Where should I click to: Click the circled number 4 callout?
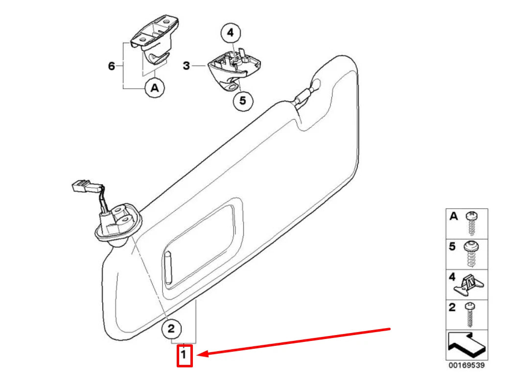coord(231,34)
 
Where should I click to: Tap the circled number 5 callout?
coord(243,101)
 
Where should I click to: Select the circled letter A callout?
coord(155,88)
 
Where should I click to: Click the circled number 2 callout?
coord(171,329)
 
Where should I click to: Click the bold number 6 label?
coord(112,66)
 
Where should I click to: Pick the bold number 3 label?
coord(186,65)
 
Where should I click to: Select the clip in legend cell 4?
coord(469,285)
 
